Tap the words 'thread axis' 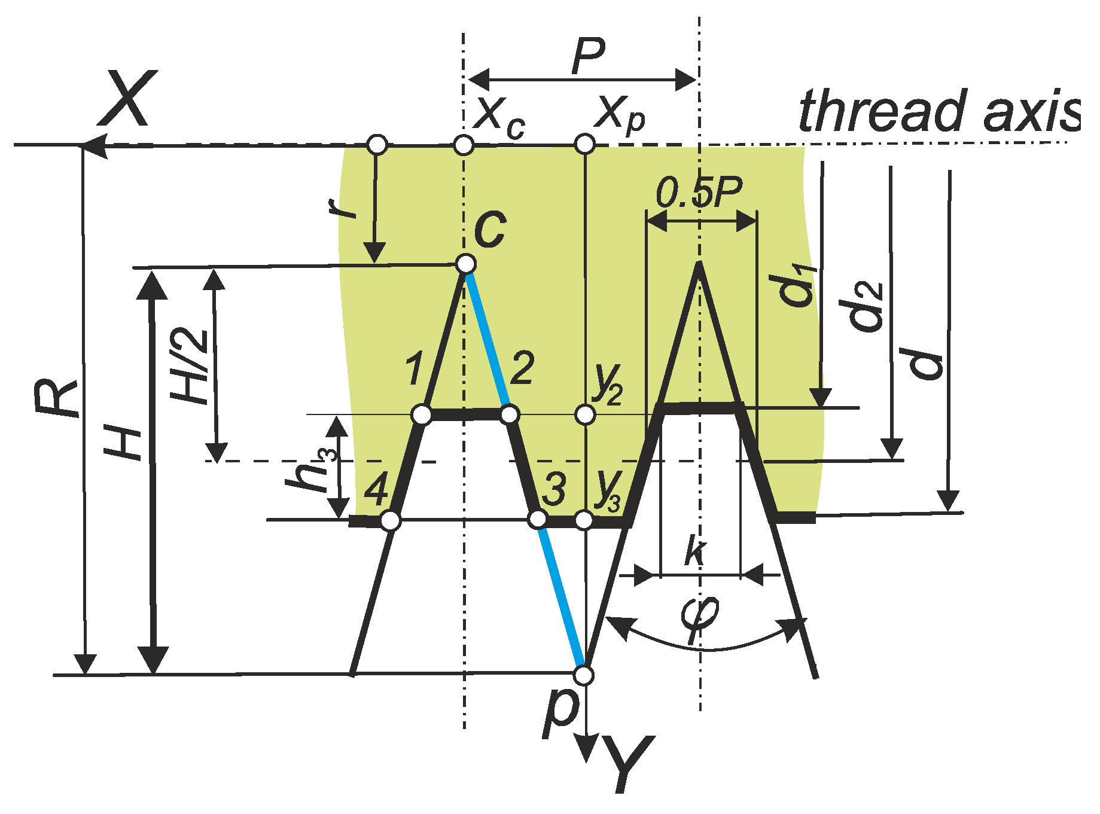coord(939,112)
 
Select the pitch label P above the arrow coord(589,56)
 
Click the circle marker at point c coord(465,263)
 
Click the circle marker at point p coord(584,675)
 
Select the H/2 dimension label coord(190,366)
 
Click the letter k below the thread coord(695,550)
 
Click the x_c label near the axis coord(499,116)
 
